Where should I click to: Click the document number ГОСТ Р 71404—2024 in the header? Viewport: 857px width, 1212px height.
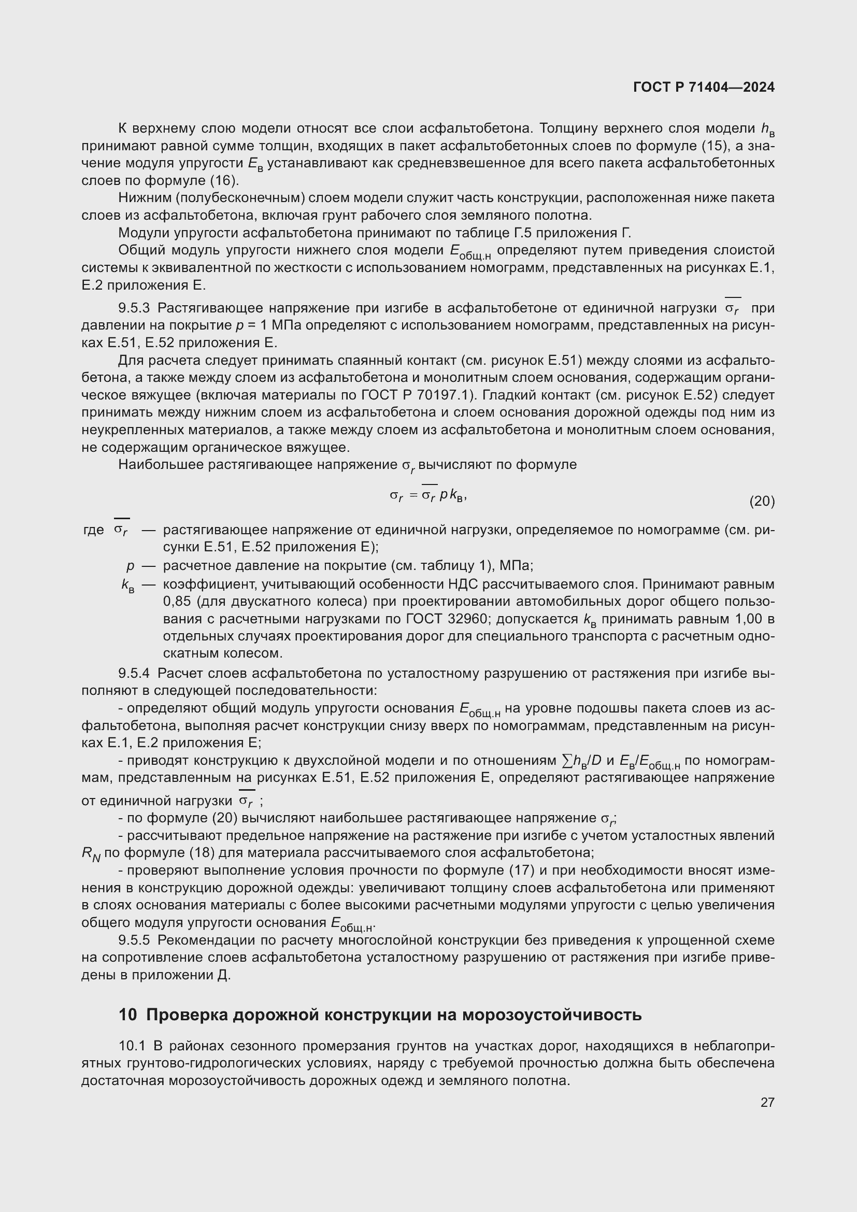(x=704, y=88)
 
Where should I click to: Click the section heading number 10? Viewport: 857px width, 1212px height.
(x=127, y=1015)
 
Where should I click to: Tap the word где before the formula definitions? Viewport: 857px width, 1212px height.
(x=93, y=530)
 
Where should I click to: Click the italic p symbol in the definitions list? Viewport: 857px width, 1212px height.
(x=130, y=566)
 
